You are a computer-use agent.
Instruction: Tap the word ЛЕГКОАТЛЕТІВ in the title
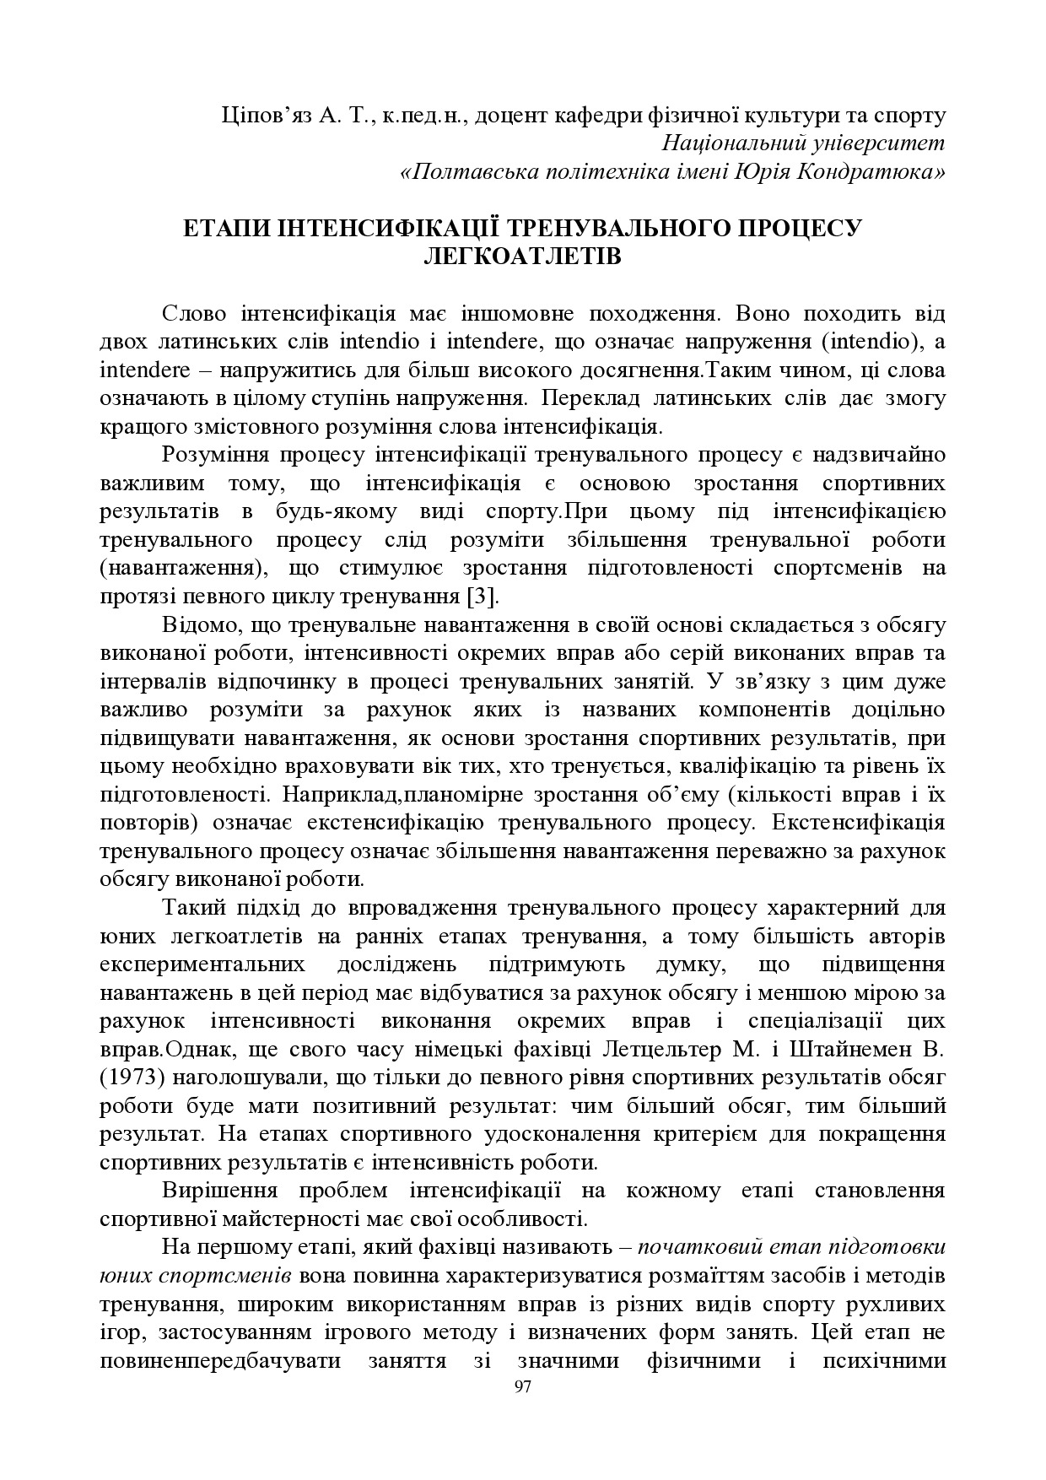522,255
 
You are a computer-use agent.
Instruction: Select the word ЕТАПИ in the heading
221,227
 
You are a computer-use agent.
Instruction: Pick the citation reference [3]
483,597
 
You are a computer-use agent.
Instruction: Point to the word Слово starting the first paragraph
194,314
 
